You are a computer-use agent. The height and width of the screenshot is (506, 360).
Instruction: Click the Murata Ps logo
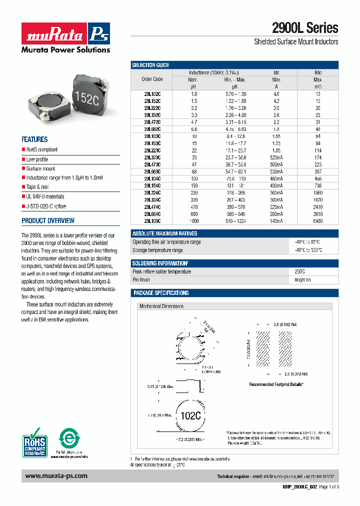(65, 33)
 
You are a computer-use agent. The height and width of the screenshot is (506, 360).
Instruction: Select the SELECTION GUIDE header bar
(150, 65)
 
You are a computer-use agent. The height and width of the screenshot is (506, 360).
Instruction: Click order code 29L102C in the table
(152, 94)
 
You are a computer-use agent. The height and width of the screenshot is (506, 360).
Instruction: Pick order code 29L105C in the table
(152, 220)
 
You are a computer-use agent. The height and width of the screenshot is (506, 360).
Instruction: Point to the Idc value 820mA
(276, 157)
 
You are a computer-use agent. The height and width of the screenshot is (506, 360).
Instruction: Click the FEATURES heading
(34, 139)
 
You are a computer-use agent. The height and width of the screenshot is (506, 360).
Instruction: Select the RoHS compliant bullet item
(41, 149)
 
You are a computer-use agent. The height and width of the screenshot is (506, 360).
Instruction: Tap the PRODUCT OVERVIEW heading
(48, 220)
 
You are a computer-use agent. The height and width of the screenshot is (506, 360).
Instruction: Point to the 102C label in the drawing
(190, 415)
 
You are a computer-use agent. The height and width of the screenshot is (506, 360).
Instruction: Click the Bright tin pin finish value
(302, 280)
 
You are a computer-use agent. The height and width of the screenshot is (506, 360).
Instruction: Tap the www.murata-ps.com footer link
(56, 476)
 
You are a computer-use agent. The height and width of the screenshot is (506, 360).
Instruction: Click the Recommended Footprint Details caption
(276, 384)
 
